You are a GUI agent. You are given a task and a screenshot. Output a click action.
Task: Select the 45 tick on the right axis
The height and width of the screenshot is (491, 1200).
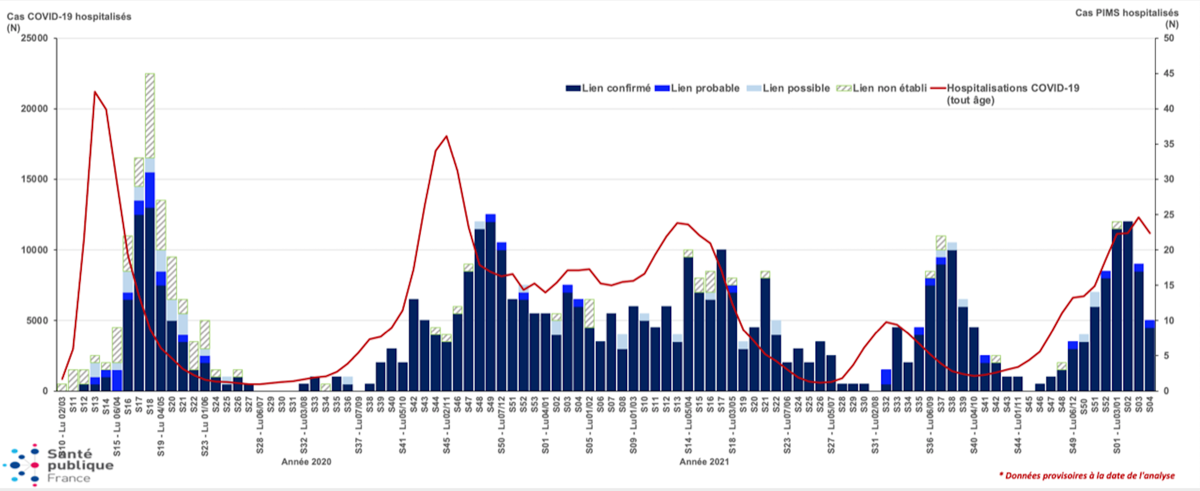point(1169,74)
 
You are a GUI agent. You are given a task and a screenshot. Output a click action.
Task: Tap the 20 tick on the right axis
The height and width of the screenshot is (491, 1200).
point(1169,250)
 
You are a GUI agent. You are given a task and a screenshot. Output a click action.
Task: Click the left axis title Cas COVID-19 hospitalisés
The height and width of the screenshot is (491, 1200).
point(69,17)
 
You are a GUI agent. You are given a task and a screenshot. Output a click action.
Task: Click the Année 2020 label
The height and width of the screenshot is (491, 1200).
point(306,462)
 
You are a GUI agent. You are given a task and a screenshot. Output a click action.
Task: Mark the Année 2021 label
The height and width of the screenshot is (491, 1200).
point(704,462)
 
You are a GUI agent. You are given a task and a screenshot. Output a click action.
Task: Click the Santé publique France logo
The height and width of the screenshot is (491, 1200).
point(59,465)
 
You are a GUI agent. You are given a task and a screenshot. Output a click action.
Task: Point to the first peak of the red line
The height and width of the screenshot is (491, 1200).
point(95,92)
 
